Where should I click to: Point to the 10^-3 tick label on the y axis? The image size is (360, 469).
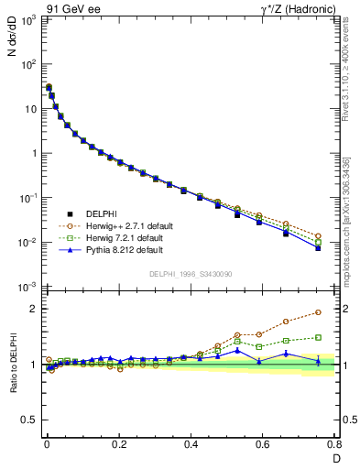(x=27, y=288)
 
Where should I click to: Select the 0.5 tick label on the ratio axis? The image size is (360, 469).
(x=29, y=420)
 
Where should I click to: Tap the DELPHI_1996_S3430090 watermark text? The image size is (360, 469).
(x=190, y=274)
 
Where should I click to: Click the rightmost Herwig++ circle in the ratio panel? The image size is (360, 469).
(x=318, y=312)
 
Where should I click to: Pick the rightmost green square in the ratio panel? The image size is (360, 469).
(x=318, y=337)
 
